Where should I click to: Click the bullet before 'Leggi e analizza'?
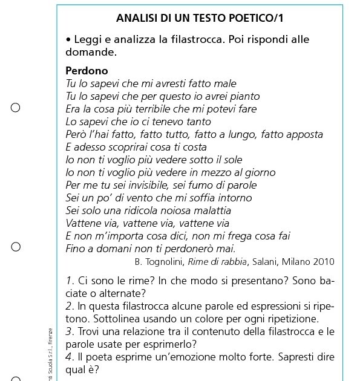(68, 40)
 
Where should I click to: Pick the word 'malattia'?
(210, 210)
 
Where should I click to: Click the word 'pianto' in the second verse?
(243, 96)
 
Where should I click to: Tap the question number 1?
(69, 281)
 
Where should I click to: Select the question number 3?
(69, 331)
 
